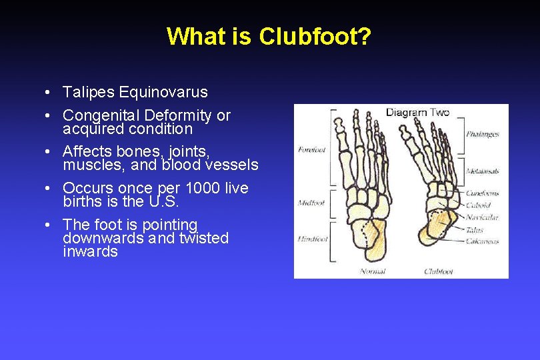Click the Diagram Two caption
pyautogui.click(x=417, y=112)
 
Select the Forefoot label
pyautogui.click(x=312, y=149)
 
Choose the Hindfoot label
pyautogui.click(x=312, y=239)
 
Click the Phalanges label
pyautogui.click(x=483, y=134)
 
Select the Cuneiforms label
pyautogui.click(x=483, y=197)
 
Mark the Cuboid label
pyautogui.click(x=478, y=207)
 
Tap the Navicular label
pyautogui.click(x=481, y=217)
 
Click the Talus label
pyautogui.click(x=475, y=230)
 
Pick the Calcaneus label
pyautogui.click(x=482, y=241)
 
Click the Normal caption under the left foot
pyautogui.click(x=373, y=271)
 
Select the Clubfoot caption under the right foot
pyautogui.click(x=439, y=271)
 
